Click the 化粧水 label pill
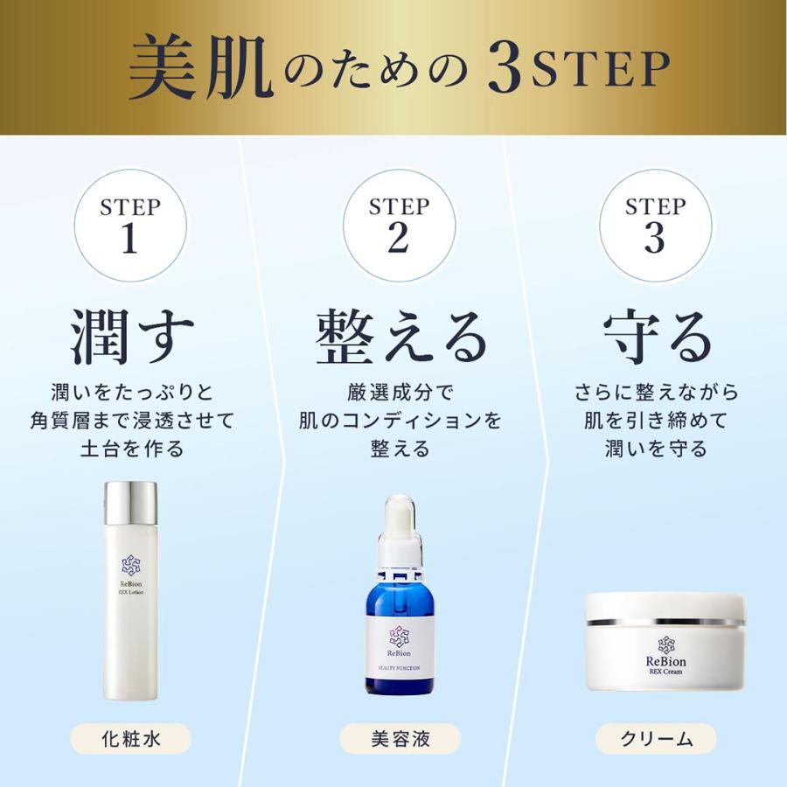click(x=130, y=739)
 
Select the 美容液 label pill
click(x=399, y=739)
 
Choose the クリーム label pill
click(x=656, y=739)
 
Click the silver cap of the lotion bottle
click(x=130, y=504)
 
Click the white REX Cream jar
click(x=665, y=643)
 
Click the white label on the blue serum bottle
click(x=399, y=651)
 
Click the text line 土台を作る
click(x=130, y=449)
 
